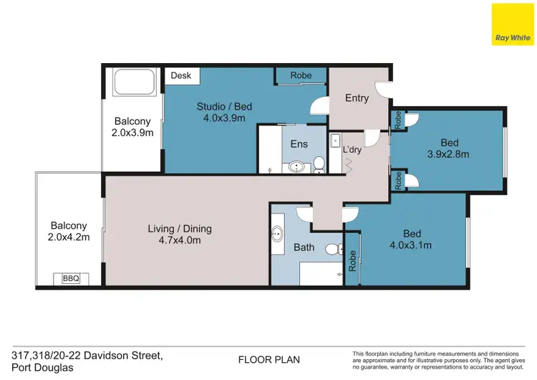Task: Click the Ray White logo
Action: (512, 24)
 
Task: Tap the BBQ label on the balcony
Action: (71, 279)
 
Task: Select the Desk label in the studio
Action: (181, 75)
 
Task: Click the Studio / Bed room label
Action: (224, 107)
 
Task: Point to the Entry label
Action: (357, 98)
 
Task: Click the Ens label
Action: (299, 144)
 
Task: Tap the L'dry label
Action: (352, 150)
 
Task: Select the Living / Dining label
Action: (180, 229)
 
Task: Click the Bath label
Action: (304, 248)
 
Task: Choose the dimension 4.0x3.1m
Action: (412, 245)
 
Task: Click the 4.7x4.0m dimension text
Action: (180, 240)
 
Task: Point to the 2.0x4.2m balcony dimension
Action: (69, 237)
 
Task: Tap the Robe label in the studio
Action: (300, 75)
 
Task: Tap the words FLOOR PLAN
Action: (268, 360)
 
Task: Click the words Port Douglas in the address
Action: (42, 368)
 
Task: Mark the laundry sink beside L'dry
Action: (335, 141)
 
